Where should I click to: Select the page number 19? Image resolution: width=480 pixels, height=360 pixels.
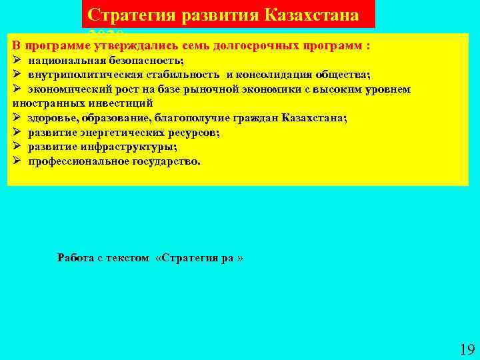click(x=466, y=348)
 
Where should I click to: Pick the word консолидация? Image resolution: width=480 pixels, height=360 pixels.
click(x=275, y=75)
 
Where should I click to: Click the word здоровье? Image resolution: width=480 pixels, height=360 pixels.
click(x=52, y=118)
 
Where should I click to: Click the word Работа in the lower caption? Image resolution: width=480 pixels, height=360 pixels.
click(x=75, y=257)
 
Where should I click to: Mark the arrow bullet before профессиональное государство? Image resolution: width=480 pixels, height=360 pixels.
click(x=17, y=161)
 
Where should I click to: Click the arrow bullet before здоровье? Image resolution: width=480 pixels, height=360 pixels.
click(x=17, y=118)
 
